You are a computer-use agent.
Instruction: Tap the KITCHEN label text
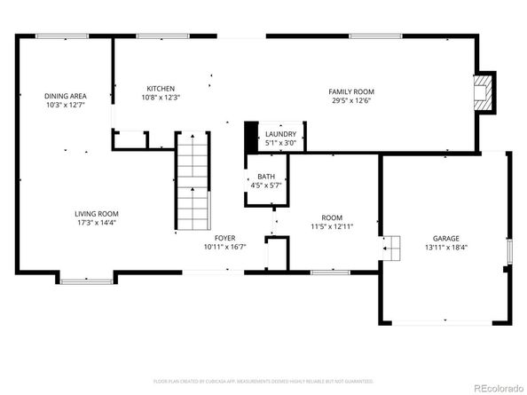tap(161, 89)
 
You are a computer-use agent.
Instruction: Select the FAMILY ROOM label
tap(351, 91)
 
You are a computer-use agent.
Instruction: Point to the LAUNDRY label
tap(280, 134)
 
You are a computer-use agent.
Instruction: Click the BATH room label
tap(265, 177)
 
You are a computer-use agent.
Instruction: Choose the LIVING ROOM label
tap(96, 214)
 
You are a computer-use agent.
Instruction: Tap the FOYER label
tap(224, 238)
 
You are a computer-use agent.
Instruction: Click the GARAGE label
tap(445, 238)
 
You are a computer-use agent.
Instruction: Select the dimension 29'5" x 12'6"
tap(351, 100)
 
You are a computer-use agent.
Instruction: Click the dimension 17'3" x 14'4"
tap(96, 223)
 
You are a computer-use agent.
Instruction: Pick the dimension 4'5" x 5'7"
tap(265, 186)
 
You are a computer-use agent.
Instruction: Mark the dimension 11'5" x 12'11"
tap(331, 226)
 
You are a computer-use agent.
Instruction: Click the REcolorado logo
tap(498, 386)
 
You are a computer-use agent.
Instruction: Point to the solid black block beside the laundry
tap(250, 136)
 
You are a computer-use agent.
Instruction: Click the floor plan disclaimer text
tap(263, 380)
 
